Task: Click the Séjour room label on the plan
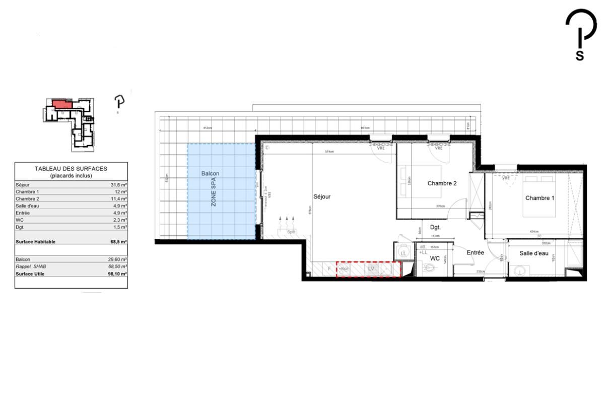[322, 197]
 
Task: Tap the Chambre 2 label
[442, 183]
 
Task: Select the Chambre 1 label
[539, 198]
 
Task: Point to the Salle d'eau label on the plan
[534, 253]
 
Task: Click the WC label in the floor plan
[435, 258]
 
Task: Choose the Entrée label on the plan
[475, 252]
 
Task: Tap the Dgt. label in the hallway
[435, 227]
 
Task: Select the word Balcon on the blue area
[210, 173]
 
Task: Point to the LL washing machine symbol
[403, 252]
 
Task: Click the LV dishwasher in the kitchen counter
[371, 269]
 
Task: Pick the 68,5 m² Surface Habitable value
[118, 242]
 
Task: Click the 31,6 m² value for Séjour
[118, 185]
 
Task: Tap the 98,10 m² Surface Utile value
[118, 274]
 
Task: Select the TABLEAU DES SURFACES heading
[71, 169]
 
